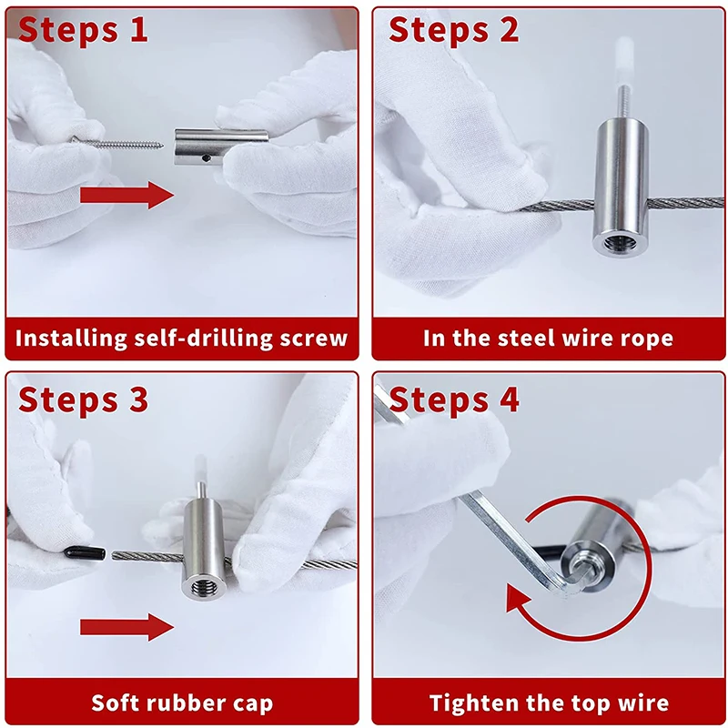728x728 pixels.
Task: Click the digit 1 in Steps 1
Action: click(x=139, y=29)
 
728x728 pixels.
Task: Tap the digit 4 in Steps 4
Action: click(x=509, y=399)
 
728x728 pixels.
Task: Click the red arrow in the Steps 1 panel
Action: click(x=126, y=195)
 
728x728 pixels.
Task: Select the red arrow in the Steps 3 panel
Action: click(x=126, y=627)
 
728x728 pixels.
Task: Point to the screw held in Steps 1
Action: click(x=118, y=143)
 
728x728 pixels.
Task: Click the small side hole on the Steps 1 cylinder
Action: click(x=207, y=158)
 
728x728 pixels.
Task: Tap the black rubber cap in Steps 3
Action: click(x=84, y=552)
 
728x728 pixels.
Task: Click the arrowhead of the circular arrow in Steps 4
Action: click(x=518, y=599)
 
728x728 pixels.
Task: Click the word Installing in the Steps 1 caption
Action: click(x=71, y=338)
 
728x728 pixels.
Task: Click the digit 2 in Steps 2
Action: click(x=509, y=29)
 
